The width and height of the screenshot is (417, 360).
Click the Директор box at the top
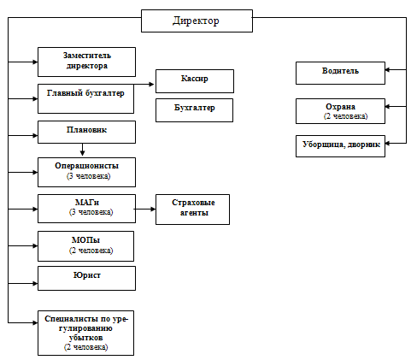[197, 21]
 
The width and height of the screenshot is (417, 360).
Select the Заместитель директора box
[86, 62]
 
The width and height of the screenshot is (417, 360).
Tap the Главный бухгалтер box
[85, 98]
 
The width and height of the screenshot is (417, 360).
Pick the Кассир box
[195, 81]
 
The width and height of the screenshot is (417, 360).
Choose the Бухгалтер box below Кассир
[194, 110]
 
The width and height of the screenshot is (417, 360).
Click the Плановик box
[86, 132]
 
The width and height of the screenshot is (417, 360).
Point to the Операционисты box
[86, 172]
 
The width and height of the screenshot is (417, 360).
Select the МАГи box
[86, 209]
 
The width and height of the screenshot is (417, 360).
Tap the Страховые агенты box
[192, 210]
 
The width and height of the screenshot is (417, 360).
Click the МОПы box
[85, 246]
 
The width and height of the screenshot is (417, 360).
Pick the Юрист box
[86, 278]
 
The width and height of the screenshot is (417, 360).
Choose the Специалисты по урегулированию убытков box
[85, 333]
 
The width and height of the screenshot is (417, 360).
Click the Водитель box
[340, 73]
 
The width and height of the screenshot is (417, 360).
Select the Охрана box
[340, 111]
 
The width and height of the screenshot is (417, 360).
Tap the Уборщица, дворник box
[340, 146]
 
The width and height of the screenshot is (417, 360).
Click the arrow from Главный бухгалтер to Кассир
[144, 84]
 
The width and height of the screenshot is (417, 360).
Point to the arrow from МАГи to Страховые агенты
[145, 209]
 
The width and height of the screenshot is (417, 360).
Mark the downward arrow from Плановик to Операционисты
[82, 150]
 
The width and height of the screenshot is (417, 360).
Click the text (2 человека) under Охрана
[345, 116]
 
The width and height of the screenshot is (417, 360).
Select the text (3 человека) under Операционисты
[88, 176]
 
